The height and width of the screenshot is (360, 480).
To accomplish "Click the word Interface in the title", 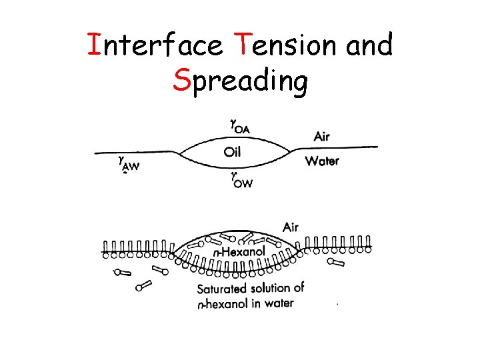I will [x=156, y=45].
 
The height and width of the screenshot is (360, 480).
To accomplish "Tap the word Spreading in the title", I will [x=240, y=81].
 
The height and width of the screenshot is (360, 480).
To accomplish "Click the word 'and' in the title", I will [x=369, y=45].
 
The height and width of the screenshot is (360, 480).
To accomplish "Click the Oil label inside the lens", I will [x=232, y=152].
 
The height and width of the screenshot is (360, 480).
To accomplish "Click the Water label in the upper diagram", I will [x=322, y=161].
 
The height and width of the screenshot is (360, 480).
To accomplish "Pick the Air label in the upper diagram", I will [x=321, y=137].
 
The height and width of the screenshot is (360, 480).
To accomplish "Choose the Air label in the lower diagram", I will [x=291, y=227].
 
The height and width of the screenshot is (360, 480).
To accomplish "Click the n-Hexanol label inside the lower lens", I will [x=239, y=251].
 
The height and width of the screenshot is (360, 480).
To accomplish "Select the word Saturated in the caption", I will [x=221, y=289].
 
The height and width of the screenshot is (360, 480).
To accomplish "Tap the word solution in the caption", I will [x=271, y=289].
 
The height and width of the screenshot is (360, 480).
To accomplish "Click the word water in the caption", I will [x=279, y=303].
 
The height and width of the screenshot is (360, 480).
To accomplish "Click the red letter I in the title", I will [x=94, y=45].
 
